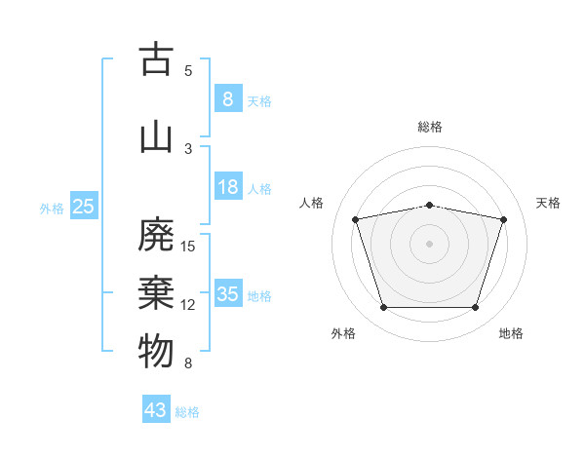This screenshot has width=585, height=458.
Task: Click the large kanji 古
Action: click(156, 58)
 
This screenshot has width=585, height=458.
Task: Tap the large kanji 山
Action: click(156, 138)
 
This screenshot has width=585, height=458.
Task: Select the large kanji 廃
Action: click(156, 234)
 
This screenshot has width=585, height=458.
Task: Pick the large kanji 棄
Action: click(156, 293)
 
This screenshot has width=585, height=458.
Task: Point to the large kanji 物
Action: click(156, 351)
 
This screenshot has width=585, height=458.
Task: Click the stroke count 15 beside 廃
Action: click(187, 247)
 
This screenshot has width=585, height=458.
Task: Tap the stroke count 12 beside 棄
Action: click(187, 305)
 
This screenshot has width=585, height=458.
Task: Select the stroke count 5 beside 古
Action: click(188, 71)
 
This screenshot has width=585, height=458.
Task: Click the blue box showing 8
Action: click(228, 98)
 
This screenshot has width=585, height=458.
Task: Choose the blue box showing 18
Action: click(228, 186)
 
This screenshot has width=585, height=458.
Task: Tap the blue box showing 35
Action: click(228, 292)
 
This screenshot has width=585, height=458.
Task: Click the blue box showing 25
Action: click(84, 206)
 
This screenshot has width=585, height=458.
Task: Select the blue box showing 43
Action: click(156, 408)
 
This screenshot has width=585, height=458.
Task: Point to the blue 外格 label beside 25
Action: click(52, 209)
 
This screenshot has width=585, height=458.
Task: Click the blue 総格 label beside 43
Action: click(187, 412)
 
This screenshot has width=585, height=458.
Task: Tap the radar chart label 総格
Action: click(430, 127)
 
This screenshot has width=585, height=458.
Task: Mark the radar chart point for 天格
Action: click(503, 219)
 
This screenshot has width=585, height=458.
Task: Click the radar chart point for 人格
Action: click(355, 219)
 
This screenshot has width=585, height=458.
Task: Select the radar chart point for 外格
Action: click(384, 307)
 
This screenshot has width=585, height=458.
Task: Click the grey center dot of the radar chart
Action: click(429, 244)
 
